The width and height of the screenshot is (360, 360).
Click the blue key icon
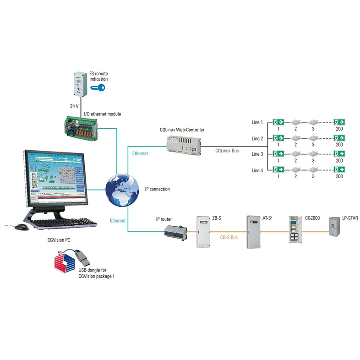[98, 87]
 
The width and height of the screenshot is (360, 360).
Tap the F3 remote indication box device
[81, 84]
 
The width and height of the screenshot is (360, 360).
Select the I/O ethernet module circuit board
[81, 128]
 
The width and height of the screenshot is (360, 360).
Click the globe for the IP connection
[122, 190]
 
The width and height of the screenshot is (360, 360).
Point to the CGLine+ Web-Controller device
[184, 145]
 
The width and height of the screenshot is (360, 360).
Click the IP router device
[175, 233]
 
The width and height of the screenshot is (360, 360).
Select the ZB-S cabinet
[203, 232]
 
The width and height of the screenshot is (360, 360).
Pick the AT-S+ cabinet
[253, 232]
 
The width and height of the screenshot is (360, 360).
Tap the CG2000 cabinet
[296, 229]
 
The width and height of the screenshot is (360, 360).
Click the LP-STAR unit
[334, 227]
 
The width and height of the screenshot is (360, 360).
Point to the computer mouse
[22, 227]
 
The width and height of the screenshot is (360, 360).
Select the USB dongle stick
[82, 258]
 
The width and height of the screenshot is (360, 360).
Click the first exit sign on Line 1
[278, 122]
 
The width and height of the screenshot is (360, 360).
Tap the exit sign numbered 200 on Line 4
[339, 169]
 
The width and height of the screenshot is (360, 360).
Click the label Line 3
[257, 154]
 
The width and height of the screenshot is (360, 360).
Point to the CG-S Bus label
[229, 237]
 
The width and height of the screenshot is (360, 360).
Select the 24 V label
[74, 106]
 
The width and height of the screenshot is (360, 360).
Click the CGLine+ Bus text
[227, 151]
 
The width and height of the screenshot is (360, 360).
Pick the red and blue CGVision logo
[65, 262]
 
